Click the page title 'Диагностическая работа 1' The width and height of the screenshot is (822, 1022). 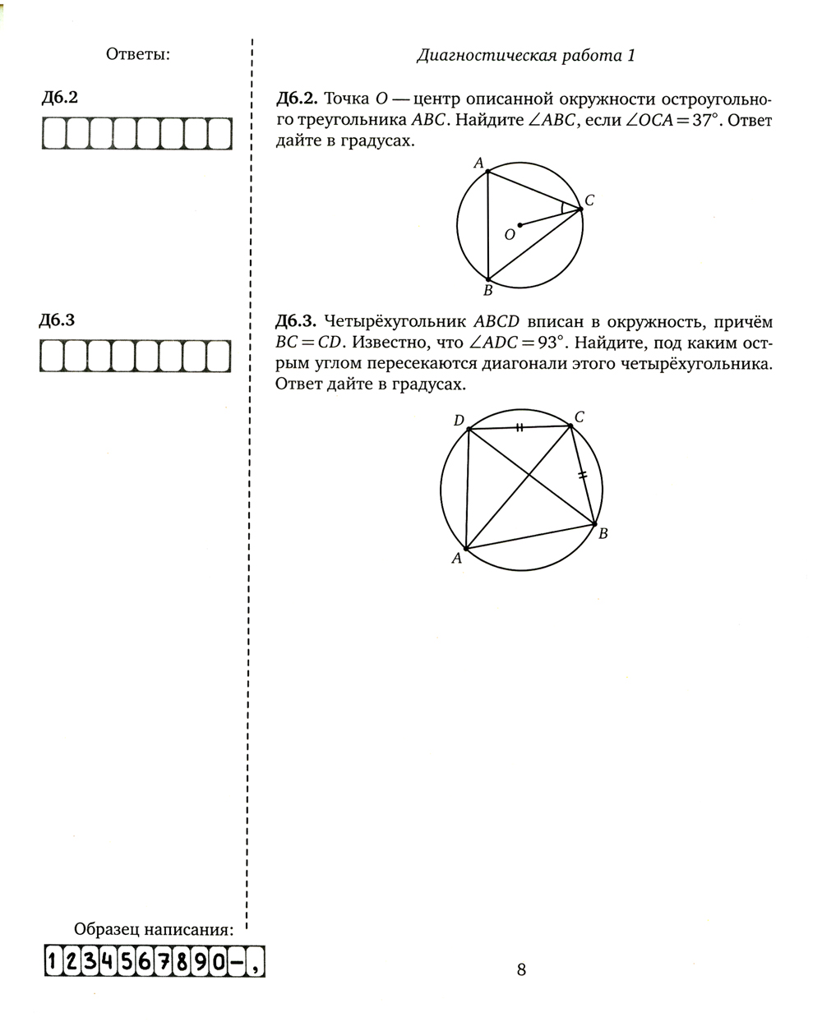[x=526, y=56]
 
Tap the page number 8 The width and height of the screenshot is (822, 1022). [x=521, y=969]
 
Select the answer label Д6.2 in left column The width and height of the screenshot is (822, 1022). [x=59, y=98]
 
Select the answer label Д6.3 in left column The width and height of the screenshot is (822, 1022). [x=58, y=320]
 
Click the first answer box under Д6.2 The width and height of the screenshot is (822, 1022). [x=54, y=134]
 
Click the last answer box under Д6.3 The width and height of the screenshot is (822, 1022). [x=219, y=356]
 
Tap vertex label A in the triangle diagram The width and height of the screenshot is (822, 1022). [x=478, y=163]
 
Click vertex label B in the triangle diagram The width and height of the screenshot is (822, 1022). [x=487, y=290]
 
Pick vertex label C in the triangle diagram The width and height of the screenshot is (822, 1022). [x=589, y=200]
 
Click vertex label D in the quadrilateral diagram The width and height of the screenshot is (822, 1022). [x=459, y=421]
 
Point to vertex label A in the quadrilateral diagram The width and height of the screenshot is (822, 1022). [x=456, y=559]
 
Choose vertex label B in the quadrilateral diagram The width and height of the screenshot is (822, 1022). [x=603, y=534]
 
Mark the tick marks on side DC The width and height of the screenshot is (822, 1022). [x=519, y=427]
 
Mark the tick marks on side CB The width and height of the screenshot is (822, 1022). [x=583, y=475]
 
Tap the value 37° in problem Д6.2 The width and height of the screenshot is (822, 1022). [x=703, y=121]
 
